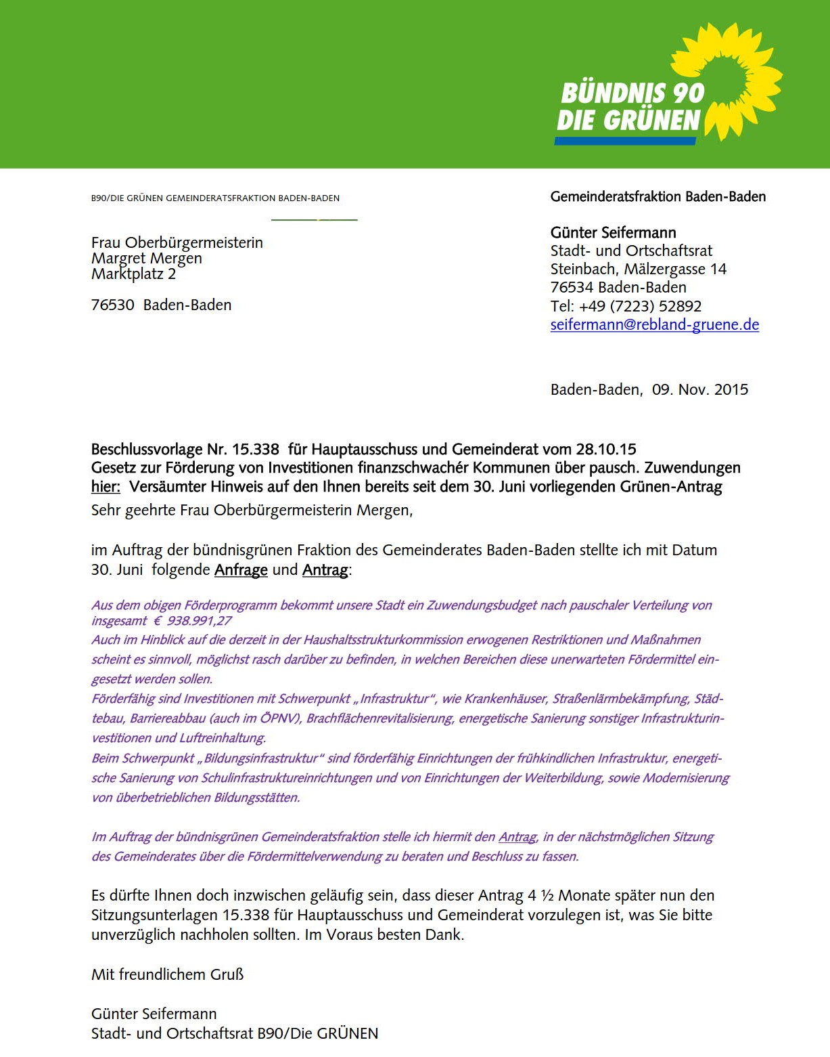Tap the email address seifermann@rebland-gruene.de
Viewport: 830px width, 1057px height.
(x=654, y=324)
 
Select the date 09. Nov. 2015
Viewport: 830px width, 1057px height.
(x=699, y=389)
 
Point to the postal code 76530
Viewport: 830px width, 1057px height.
(x=113, y=305)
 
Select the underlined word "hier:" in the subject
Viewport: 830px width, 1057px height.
(x=106, y=486)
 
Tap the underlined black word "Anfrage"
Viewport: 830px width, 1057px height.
(x=241, y=569)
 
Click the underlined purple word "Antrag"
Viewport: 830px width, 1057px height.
(x=517, y=837)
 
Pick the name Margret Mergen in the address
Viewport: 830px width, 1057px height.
(x=147, y=258)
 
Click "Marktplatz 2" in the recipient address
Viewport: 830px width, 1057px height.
(x=133, y=274)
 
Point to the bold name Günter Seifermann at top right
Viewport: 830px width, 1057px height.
(x=613, y=232)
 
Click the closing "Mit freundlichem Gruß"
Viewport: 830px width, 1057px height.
(x=167, y=974)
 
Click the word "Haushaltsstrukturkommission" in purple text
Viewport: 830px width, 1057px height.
(x=383, y=640)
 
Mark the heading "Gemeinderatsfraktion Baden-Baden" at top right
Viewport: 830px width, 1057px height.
(x=658, y=197)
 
